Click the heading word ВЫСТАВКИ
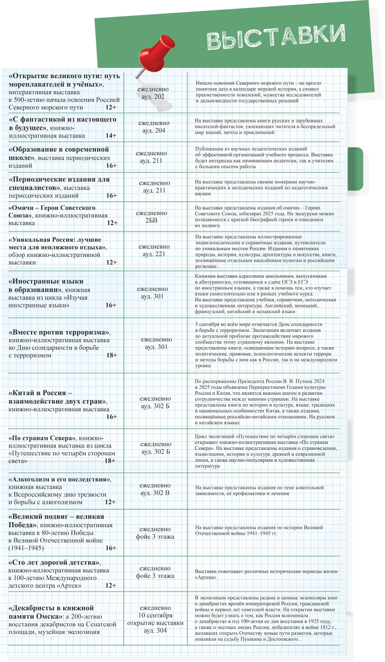[276, 37]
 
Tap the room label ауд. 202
[153, 97]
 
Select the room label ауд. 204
[154, 130]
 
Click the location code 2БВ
[152, 221]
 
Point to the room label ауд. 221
[154, 254]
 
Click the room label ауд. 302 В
[155, 493]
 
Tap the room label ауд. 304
[155, 630]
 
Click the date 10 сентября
[155, 615]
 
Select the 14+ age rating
[111, 135]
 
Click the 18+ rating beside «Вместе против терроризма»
[111, 355]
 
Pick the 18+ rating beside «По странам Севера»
[110, 461]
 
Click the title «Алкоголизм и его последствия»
[60, 479]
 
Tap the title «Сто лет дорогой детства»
[55, 562]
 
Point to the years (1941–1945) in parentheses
[26, 548]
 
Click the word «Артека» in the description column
[206, 577]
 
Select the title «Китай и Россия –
[40, 393]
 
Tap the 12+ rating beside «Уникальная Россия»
[111, 262]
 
